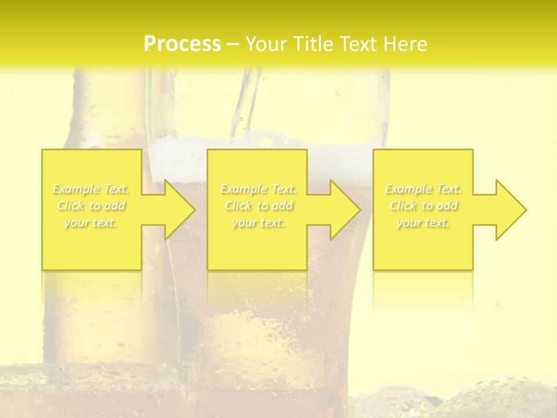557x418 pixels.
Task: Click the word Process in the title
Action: (x=182, y=44)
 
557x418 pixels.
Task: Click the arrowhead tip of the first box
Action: (x=194, y=210)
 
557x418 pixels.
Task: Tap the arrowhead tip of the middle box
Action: (x=359, y=210)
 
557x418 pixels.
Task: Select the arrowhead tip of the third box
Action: (x=525, y=210)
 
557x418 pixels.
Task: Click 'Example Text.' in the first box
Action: (x=91, y=189)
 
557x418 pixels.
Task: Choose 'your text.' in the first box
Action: (x=91, y=222)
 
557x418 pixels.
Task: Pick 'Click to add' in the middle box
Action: (x=259, y=206)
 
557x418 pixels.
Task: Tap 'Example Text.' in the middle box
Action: (x=259, y=189)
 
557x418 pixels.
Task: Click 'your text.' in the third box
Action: (x=424, y=222)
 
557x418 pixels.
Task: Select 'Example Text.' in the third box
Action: (x=424, y=189)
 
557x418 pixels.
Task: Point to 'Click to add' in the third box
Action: (x=424, y=206)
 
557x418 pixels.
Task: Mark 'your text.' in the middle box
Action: (x=259, y=222)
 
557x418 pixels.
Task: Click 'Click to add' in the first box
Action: (x=91, y=206)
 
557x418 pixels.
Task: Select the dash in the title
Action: (x=233, y=44)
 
